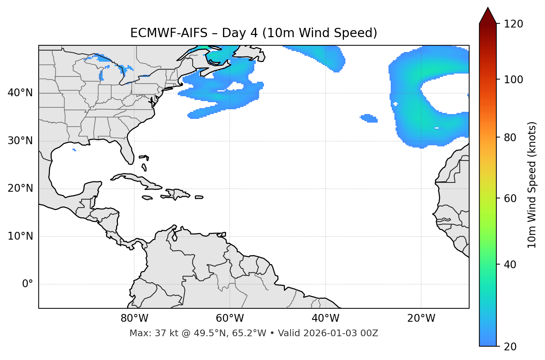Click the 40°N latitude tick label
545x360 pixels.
pyautogui.click(x=20, y=93)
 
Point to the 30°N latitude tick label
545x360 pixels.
pyautogui.click(x=20, y=141)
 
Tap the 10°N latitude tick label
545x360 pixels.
pyautogui.click(x=20, y=236)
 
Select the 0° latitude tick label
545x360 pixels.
pyautogui.click(x=28, y=284)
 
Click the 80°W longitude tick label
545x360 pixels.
pyautogui.click(x=134, y=318)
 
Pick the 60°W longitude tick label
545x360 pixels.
pyautogui.click(x=230, y=318)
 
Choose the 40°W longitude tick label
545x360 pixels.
pyautogui.click(x=325, y=318)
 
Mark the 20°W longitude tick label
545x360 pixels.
pyautogui.click(x=421, y=318)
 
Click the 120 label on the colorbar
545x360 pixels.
pyautogui.click(x=513, y=24)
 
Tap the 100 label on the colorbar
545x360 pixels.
pyautogui.click(x=513, y=80)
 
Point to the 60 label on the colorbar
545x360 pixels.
pyautogui.click(x=510, y=198)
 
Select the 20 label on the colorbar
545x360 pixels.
pyautogui.click(x=510, y=347)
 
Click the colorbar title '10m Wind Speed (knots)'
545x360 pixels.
pyautogui.click(x=532, y=185)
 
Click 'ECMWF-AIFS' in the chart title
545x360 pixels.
pyautogui.click(x=169, y=33)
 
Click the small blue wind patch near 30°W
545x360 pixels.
pyautogui.click(x=369, y=119)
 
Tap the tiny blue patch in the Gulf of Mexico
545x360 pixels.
pyautogui.click(x=74, y=150)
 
